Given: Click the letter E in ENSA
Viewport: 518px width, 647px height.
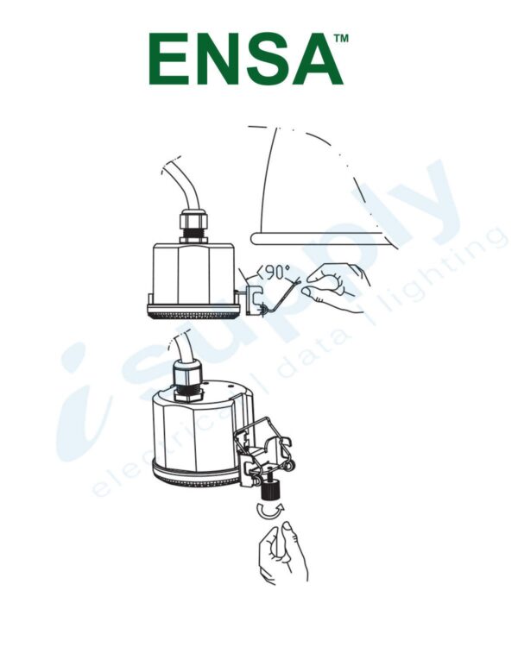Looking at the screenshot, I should (x=170, y=60).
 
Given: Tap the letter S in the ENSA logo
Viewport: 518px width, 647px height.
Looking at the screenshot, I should (x=264, y=60).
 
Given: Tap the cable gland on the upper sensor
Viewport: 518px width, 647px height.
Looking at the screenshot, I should (x=193, y=226).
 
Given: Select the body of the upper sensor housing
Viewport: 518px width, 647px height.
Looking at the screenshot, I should (x=193, y=272).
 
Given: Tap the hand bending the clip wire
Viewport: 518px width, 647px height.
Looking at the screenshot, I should (x=337, y=286).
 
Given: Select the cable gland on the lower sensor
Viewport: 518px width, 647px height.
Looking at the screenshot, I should (x=185, y=380).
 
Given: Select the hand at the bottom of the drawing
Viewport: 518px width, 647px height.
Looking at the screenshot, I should (x=282, y=552).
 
